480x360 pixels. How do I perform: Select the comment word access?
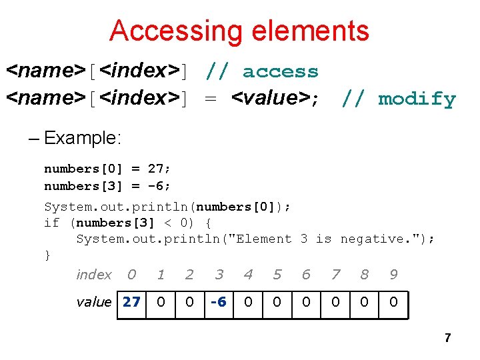click(280, 71)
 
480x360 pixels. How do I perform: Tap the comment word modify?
click(417, 99)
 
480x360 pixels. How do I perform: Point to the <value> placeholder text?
click(271, 99)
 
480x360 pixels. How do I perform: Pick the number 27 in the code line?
click(154, 169)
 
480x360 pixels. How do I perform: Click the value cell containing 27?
click(131, 302)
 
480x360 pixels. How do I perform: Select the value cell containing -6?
click(219, 302)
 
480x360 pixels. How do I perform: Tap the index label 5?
click(277, 275)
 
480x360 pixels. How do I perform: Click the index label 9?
click(393, 275)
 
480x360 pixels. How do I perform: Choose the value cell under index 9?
click(393, 302)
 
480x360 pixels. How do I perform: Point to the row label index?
click(94, 275)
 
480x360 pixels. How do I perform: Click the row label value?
click(94, 302)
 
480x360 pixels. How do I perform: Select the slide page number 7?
click(447, 338)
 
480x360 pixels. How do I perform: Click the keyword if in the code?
click(51, 223)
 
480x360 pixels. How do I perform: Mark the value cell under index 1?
click(161, 302)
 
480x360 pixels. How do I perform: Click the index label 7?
click(335, 275)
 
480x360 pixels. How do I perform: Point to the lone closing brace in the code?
click(47, 255)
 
